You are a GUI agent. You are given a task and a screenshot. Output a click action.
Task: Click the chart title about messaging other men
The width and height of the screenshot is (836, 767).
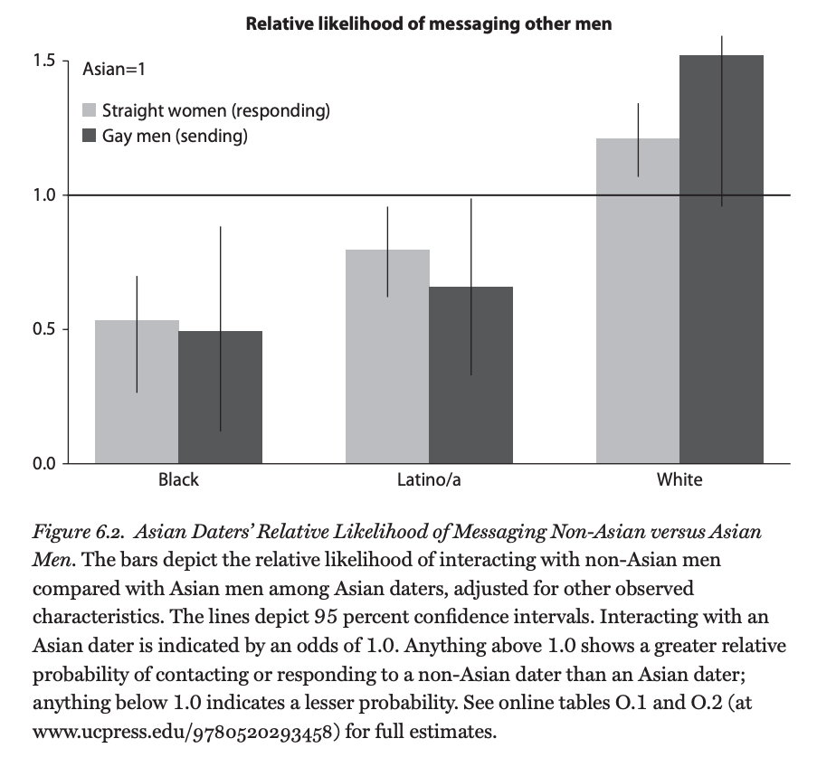click(428, 24)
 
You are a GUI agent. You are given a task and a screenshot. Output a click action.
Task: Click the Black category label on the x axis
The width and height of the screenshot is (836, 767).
click(178, 479)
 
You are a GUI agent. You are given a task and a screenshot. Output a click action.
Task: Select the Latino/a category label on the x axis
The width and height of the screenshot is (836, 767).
click(429, 479)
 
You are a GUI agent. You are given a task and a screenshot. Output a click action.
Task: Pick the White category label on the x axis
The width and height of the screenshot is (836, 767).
click(679, 479)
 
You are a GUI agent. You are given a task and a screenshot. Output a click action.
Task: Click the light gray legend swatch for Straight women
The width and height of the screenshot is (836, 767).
click(90, 111)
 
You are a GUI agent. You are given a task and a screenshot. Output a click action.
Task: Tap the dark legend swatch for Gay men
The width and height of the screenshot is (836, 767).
click(90, 136)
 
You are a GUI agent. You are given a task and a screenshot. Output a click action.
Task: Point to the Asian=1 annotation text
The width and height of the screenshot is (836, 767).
click(113, 69)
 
